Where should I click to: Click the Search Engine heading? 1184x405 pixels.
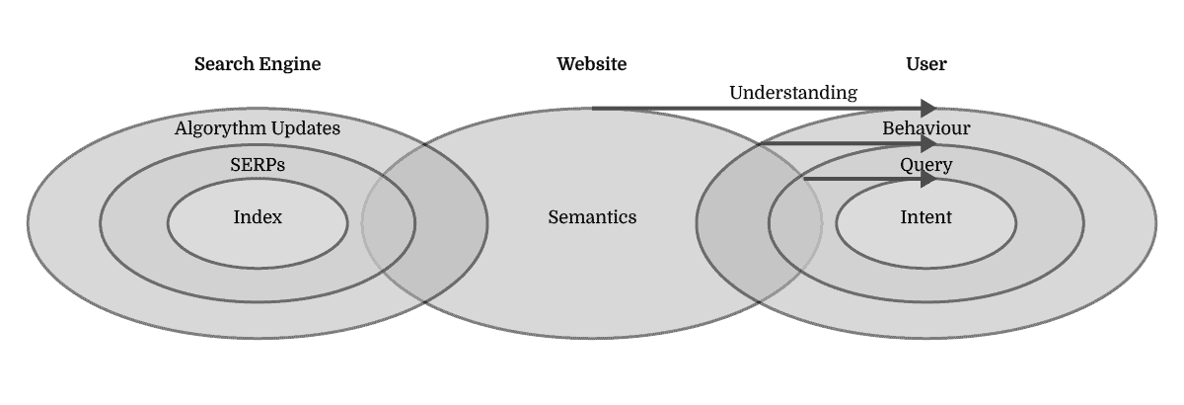(x=258, y=64)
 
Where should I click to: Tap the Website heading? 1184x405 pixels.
(x=592, y=64)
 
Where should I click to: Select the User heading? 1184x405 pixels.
(x=925, y=64)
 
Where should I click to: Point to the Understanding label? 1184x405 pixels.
(x=792, y=93)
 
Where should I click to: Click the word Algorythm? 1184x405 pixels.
(x=221, y=128)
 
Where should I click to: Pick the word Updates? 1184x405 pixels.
(x=305, y=128)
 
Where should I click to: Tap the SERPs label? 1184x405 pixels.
(x=258, y=165)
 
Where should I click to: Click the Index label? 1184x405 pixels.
(x=258, y=217)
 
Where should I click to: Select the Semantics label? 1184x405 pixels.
(x=592, y=217)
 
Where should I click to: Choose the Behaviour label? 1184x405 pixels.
(x=925, y=128)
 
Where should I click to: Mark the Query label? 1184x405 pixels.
(x=925, y=165)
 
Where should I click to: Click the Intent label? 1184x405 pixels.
(x=925, y=217)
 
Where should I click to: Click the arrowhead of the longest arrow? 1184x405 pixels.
(x=929, y=108)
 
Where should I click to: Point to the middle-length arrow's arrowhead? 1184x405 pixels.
(x=929, y=143)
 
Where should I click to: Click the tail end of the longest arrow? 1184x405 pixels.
(x=594, y=108)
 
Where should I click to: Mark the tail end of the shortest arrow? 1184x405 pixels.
(x=807, y=179)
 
